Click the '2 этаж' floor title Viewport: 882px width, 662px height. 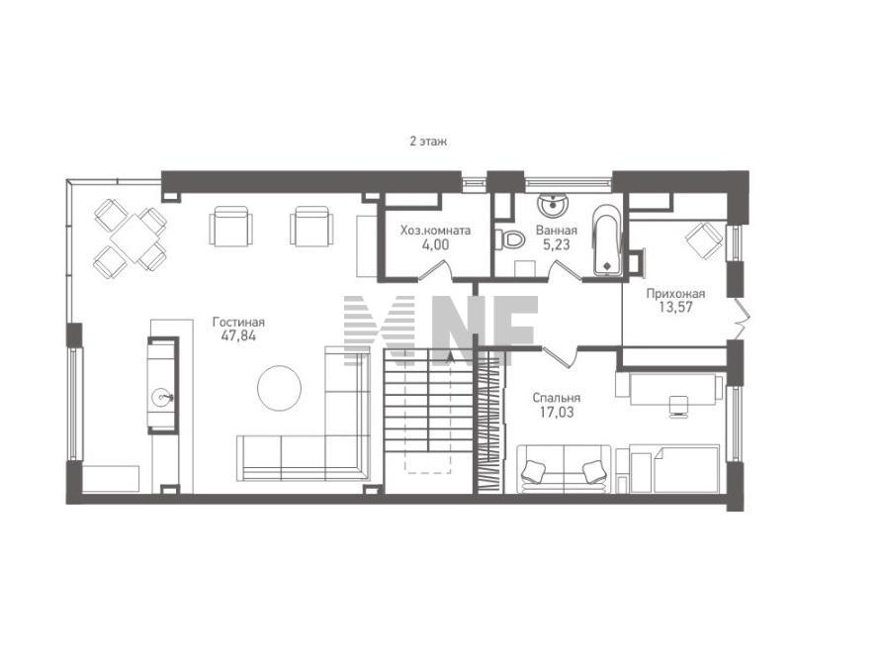[x=428, y=142]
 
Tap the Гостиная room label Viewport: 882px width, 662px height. [x=238, y=323]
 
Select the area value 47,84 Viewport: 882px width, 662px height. [x=239, y=336]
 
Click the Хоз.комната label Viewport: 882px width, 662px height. [x=435, y=231]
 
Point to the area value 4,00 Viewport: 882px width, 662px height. [x=435, y=244]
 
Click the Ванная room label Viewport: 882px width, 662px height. [x=557, y=231]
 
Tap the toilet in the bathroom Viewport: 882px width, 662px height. [x=511, y=240]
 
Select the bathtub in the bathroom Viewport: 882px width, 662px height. [x=607, y=239]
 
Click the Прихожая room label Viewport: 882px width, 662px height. [x=675, y=293]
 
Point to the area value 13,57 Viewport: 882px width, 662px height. [x=675, y=308]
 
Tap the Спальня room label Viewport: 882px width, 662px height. [x=557, y=398]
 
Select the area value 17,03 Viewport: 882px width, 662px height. [x=557, y=413]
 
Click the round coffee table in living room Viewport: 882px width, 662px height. [x=279, y=388]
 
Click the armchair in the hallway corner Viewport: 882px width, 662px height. [x=704, y=240]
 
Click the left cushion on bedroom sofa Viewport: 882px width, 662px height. [x=533, y=471]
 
